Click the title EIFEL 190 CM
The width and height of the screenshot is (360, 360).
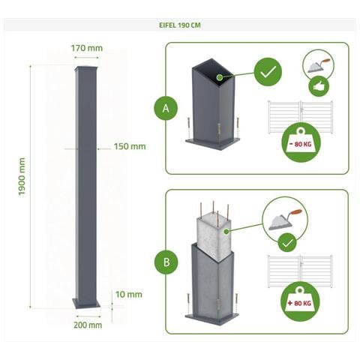(179, 25)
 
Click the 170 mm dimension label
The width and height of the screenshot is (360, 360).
(86, 49)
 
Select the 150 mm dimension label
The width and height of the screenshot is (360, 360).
(130, 146)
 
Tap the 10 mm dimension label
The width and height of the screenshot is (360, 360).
(129, 294)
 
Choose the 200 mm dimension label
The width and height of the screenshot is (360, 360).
(88, 325)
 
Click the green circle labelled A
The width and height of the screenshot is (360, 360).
(166, 109)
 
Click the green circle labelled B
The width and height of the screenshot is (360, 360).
(166, 263)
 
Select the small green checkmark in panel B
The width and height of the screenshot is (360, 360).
(286, 244)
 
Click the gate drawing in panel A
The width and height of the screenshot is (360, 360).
(300, 117)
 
